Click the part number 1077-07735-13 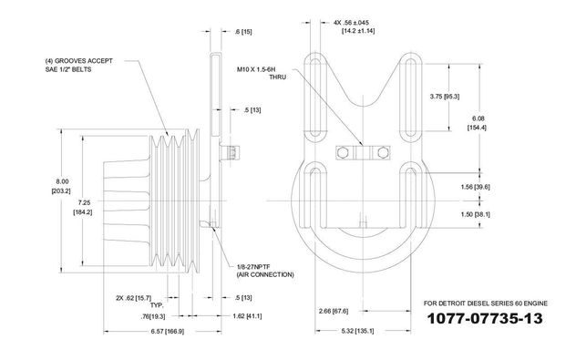pyautogui.click(x=485, y=318)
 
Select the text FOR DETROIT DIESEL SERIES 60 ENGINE pyautogui.click(x=485, y=303)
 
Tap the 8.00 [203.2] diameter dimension pyautogui.click(x=62, y=186)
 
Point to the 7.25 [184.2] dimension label pyautogui.click(x=83, y=207)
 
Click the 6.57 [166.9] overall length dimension pyautogui.click(x=168, y=332)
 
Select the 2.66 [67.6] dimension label pyautogui.click(x=334, y=311)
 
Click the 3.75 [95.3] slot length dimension pyautogui.click(x=445, y=97)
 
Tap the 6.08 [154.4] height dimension pyautogui.click(x=478, y=123)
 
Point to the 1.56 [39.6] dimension pyautogui.click(x=476, y=187)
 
